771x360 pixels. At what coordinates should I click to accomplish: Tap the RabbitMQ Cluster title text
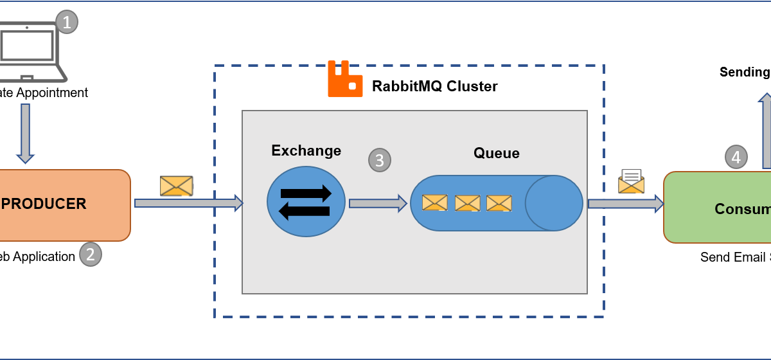pyautogui.click(x=434, y=86)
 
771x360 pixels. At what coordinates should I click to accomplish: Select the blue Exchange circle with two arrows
pyautogui.click(x=306, y=202)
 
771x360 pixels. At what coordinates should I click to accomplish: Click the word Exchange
pyautogui.click(x=306, y=150)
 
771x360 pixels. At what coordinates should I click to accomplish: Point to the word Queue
pyautogui.click(x=496, y=153)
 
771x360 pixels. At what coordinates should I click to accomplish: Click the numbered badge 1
pyautogui.click(x=67, y=22)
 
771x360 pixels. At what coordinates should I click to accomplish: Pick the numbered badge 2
pyautogui.click(x=90, y=255)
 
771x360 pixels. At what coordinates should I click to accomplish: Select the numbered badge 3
pyautogui.click(x=379, y=160)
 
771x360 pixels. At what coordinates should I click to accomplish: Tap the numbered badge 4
pyautogui.click(x=736, y=157)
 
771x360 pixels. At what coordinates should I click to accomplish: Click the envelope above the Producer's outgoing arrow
pyautogui.click(x=176, y=186)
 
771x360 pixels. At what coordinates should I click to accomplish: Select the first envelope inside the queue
pyautogui.click(x=434, y=203)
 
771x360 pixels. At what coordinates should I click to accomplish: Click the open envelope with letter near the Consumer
pyautogui.click(x=631, y=181)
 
